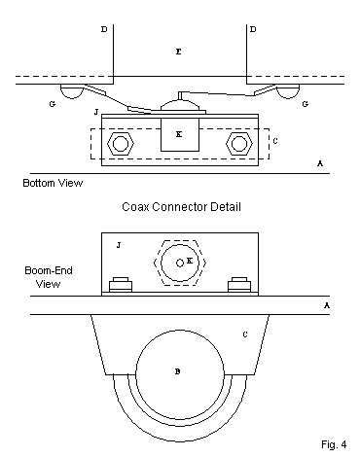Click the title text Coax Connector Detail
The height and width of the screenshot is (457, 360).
[x=181, y=207]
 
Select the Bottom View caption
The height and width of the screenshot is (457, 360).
[x=53, y=183]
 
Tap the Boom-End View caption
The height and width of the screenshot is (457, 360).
[x=49, y=277]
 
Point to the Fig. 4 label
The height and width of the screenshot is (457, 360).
[x=334, y=444]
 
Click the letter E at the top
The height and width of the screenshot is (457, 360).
[x=178, y=52]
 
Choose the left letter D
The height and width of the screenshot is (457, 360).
[x=104, y=29]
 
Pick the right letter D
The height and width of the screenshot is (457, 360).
[x=253, y=29]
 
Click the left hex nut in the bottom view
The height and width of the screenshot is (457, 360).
[x=121, y=144]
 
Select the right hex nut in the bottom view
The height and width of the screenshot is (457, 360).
[x=239, y=144]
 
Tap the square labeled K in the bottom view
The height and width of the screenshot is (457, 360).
[x=180, y=134]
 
